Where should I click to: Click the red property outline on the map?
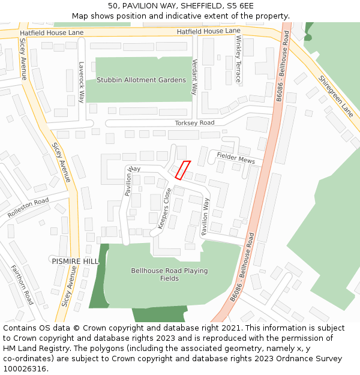click(x=182, y=170)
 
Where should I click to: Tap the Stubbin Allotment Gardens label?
click(x=142, y=80)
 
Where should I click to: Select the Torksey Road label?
click(x=194, y=123)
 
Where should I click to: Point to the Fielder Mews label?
click(x=236, y=158)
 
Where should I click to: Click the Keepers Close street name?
click(x=164, y=208)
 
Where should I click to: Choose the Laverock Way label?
click(x=82, y=82)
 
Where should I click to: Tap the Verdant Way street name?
click(x=194, y=77)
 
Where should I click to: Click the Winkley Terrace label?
click(x=238, y=59)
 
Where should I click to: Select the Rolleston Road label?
click(x=28, y=208)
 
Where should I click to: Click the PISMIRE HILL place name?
click(x=75, y=262)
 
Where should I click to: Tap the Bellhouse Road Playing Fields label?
click(x=169, y=274)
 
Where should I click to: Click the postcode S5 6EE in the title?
click(x=240, y=6)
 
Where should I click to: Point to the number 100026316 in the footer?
click(x=25, y=368)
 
